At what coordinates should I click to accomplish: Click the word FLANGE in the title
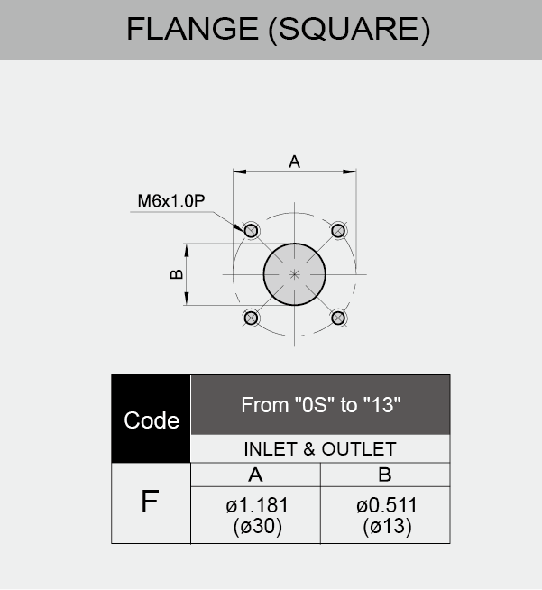coord(193,29)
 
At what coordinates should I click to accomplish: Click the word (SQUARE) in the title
coord(349,30)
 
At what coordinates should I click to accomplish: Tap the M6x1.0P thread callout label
coord(171,201)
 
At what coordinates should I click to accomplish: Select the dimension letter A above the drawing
coord(295,161)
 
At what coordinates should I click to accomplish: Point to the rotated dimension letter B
coord(177,274)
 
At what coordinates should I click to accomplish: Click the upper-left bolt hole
coord(251,231)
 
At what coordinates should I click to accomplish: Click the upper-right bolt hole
coord(338,231)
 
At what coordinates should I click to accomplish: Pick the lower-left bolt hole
coord(251,318)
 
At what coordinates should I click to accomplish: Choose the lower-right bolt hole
coord(338,318)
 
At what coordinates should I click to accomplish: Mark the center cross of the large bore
coord(295,274)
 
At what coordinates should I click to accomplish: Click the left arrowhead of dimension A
coord(240,171)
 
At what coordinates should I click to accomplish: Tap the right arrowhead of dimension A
coord(349,171)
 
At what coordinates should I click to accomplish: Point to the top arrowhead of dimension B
coord(187,250)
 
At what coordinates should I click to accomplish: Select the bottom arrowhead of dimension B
coord(187,299)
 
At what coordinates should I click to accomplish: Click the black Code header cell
coord(152,419)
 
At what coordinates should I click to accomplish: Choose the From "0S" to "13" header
coord(320,405)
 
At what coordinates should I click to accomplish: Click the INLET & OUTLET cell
coord(320,449)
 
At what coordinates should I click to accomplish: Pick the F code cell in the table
coord(151,503)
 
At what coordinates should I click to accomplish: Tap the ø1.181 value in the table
coord(257,505)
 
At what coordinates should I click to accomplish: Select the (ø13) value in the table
coord(387,526)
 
